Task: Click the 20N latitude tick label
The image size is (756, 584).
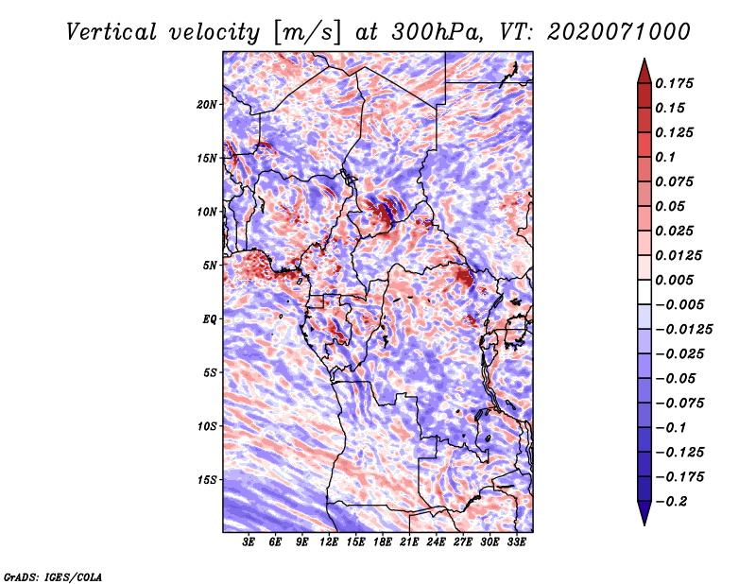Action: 207,105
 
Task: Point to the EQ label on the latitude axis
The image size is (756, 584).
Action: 209,319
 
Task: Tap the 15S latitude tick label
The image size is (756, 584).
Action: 207,480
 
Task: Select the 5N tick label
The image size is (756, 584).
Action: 210,266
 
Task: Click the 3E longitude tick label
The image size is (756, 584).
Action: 249,542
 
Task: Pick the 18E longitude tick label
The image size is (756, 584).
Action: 382,542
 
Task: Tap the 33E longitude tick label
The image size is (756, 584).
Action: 516,542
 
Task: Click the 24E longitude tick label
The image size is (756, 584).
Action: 436,542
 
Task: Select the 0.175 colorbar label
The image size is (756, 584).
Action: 674,83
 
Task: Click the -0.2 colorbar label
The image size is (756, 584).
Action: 671,502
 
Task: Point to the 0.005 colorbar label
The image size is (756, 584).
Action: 674,280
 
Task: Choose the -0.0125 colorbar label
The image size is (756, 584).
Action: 683,330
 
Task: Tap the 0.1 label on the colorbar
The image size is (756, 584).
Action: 665,157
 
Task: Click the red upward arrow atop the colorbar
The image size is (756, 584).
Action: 644,71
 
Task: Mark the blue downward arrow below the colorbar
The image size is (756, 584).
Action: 644,513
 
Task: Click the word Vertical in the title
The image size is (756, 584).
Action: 112,32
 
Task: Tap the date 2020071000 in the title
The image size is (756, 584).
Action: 619,32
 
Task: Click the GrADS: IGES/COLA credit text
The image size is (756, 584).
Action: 53,577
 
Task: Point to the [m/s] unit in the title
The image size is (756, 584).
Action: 307,33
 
